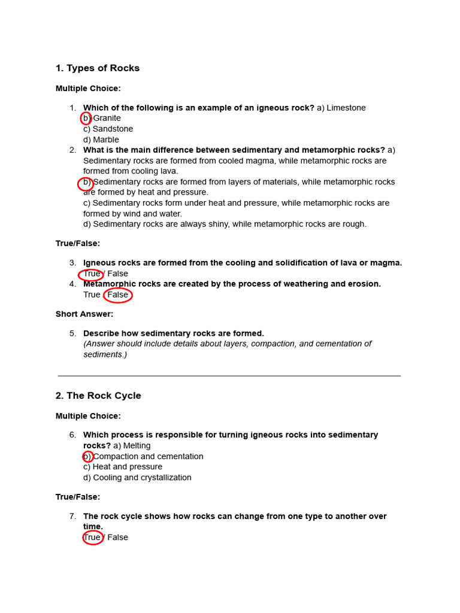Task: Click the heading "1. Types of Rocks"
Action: click(x=98, y=68)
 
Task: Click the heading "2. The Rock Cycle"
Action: click(x=98, y=396)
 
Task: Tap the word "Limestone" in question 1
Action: click(x=346, y=108)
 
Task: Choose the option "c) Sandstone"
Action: click(x=108, y=129)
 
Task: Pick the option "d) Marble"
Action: click(x=101, y=140)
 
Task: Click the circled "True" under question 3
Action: click(x=92, y=274)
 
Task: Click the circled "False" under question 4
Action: click(x=118, y=295)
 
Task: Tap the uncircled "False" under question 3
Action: click(x=118, y=274)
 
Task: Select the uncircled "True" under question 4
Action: click(x=92, y=295)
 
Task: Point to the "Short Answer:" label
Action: click(x=84, y=314)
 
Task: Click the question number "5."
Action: click(x=72, y=333)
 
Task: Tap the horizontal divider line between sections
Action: click(x=229, y=376)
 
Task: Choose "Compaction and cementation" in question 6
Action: click(x=148, y=457)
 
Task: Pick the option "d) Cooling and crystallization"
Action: click(x=137, y=478)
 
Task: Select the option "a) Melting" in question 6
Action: click(x=132, y=446)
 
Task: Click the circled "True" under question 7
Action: click(x=92, y=538)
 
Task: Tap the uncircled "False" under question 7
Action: click(x=118, y=538)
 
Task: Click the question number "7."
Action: click(x=72, y=516)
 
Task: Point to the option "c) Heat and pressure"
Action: click(x=123, y=467)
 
